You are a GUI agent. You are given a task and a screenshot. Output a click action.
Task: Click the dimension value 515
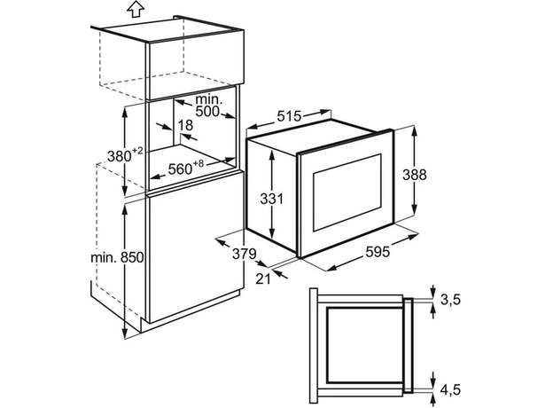tap(289, 116)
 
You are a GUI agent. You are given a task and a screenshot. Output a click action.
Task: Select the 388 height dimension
tap(415, 175)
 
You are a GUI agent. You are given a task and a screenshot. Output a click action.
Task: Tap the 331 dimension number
tap(271, 199)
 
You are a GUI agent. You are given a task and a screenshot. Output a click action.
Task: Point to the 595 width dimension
tap(378, 252)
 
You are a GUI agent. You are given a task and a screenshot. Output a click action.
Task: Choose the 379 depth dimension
tap(245, 254)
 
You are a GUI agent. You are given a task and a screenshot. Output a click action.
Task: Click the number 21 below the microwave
tap(262, 279)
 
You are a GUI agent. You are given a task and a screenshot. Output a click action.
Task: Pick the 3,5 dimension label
tap(450, 299)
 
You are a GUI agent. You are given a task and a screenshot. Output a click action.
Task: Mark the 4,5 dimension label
tap(450, 389)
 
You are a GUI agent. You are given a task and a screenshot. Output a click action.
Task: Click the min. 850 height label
tap(118, 257)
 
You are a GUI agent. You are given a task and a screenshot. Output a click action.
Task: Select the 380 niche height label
tap(120, 156)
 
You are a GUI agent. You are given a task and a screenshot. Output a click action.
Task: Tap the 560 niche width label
tap(180, 169)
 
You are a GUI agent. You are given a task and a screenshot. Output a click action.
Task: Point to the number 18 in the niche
tap(185, 125)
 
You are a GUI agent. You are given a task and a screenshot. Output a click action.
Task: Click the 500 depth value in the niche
tap(207, 112)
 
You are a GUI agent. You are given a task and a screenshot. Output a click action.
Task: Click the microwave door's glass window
tap(347, 192)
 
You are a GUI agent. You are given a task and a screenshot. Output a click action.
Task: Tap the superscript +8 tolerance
tap(199, 164)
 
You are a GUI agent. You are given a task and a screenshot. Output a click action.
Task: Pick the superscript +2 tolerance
tap(138, 151)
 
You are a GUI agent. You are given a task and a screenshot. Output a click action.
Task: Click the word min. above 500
tap(208, 99)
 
